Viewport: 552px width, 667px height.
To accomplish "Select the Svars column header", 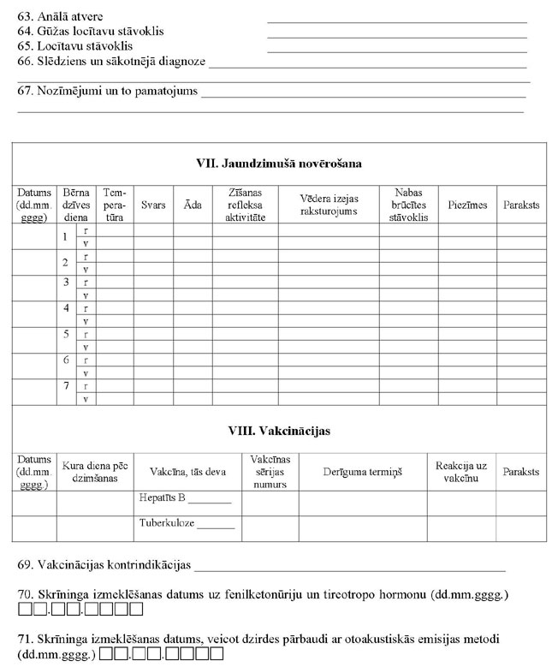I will tap(153, 205).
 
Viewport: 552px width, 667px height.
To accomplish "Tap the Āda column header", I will tap(193, 205).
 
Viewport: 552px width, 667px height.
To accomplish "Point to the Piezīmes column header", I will tap(467, 205).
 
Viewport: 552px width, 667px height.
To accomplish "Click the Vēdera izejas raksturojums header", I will tap(328, 205).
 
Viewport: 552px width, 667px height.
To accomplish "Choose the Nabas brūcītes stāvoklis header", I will tap(408, 205).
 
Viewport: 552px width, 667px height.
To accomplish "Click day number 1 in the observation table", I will tap(65, 237).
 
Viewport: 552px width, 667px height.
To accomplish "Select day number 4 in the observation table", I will tap(65, 309).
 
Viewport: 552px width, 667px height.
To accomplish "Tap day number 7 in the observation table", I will tap(65, 386).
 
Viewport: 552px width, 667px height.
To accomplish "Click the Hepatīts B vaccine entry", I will tap(185, 497).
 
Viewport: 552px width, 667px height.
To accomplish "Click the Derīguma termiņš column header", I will tap(362, 472).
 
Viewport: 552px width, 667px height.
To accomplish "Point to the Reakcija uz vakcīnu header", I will tap(460, 472).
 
